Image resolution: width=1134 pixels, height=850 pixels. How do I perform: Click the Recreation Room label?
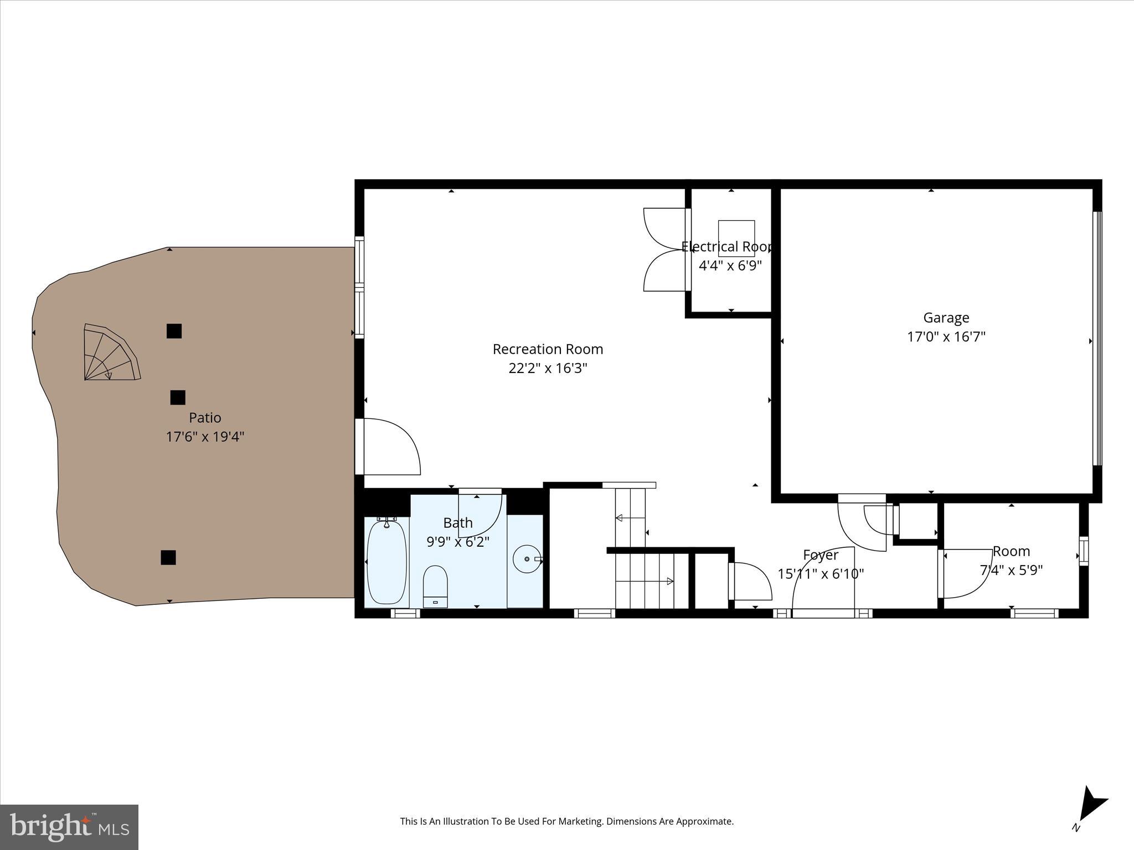pyautogui.click(x=548, y=349)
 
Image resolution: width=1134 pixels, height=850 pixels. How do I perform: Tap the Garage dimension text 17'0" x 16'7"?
pyautogui.click(x=946, y=336)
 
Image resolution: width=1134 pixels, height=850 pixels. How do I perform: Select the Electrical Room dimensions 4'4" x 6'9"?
pyautogui.click(x=730, y=265)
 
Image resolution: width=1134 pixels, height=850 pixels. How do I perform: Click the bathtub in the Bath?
pyautogui.click(x=386, y=562)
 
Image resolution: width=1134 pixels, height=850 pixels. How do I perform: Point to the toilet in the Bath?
pyautogui.click(x=435, y=586)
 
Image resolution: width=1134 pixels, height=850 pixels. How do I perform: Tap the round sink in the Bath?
pyautogui.click(x=526, y=559)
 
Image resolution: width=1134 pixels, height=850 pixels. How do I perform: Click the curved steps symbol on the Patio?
pyautogui.click(x=110, y=354)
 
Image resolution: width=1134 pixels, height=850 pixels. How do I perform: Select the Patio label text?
pyautogui.click(x=205, y=418)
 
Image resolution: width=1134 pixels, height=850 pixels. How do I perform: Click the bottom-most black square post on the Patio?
pyautogui.click(x=168, y=557)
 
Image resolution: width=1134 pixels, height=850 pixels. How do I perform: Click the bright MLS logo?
pyautogui.click(x=69, y=827)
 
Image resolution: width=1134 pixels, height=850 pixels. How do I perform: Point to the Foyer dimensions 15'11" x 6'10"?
pyautogui.click(x=820, y=574)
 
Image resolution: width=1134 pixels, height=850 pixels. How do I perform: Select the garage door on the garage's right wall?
pyautogui.click(x=1097, y=338)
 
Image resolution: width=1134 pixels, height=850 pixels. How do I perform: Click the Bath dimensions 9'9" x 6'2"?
pyautogui.click(x=457, y=542)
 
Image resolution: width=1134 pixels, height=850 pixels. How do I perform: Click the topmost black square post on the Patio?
pyautogui.click(x=174, y=331)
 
